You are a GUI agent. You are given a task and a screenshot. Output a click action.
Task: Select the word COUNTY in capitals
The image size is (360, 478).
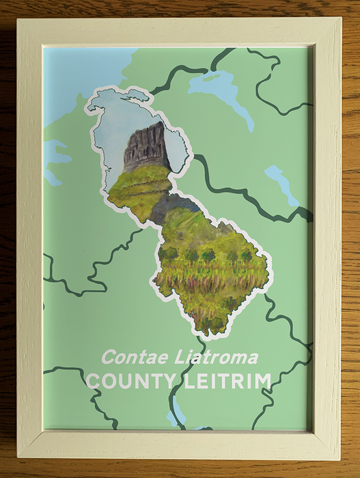tap(128, 381)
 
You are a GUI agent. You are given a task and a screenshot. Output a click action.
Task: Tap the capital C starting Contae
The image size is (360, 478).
tap(107, 357)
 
